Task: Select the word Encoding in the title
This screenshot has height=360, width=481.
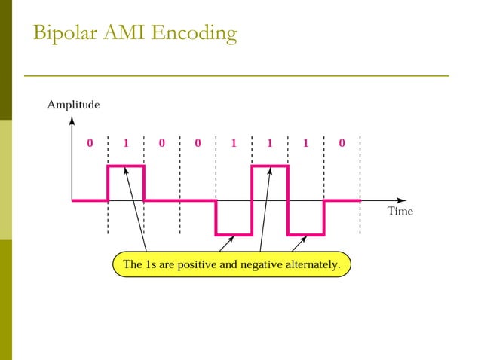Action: pos(194,34)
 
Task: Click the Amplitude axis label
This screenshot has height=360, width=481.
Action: pos(73,105)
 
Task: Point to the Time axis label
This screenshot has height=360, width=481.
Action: pos(400,212)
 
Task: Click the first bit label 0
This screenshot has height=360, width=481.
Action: pos(90,142)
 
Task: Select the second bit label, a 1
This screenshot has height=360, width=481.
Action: pos(126,142)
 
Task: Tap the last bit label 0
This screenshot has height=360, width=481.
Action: pos(342,142)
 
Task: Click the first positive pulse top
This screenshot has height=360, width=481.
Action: pos(126,166)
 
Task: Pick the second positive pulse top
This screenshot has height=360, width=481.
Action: pos(270,166)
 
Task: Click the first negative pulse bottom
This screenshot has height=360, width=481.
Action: pos(234,235)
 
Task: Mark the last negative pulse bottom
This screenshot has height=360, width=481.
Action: pos(305,235)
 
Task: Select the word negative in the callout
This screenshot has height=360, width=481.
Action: pos(254,265)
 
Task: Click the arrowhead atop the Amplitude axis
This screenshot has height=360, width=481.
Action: pos(72,118)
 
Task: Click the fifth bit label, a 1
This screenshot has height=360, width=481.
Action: pos(234,142)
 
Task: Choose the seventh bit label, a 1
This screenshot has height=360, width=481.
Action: pos(305,142)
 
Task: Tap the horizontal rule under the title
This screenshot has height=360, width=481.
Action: pos(236,76)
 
